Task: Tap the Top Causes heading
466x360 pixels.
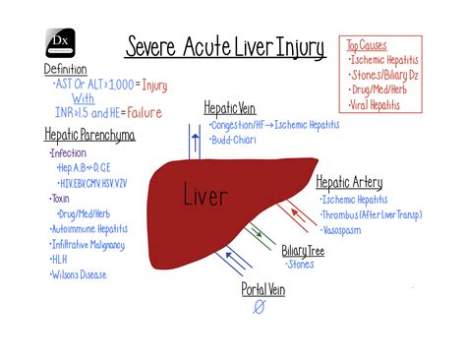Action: pyautogui.click(x=368, y=45)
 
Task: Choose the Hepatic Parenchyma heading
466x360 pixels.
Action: pyautogui.click(x=89, y=134)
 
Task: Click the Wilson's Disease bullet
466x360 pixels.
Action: pyautogui.click(x=79, y=274)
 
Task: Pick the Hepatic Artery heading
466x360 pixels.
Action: pyautogui.click(x=349, y=182)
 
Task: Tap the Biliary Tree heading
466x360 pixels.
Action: pyautogui.click(x=305, y=251)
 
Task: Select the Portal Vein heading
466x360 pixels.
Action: pyautogui.click(x=263, y=289)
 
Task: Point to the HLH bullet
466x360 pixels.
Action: pyautogui.click(x=60, y=259)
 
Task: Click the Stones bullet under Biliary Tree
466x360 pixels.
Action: pyautogui.click(x=301, y=265)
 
